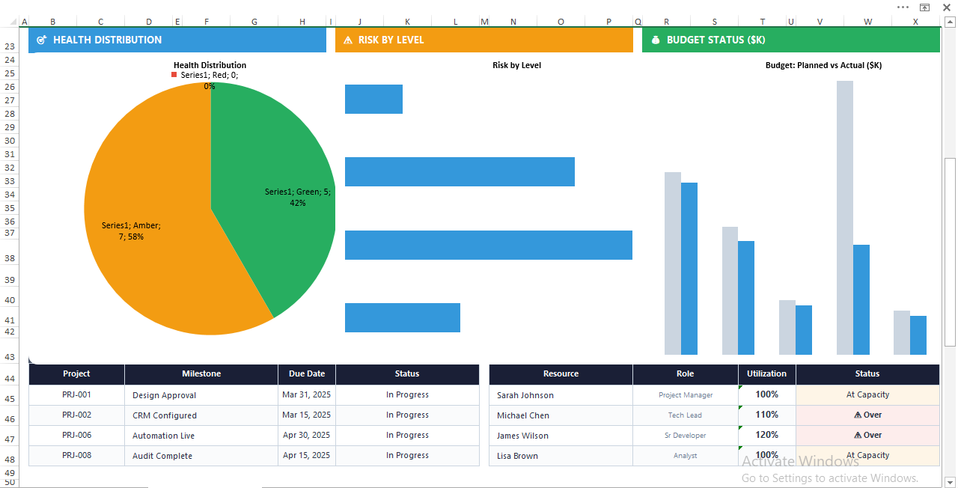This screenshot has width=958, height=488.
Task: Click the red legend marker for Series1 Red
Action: pyautogui.click(x=174, y=75)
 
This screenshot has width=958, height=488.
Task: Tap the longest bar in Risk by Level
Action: pyautogui.click(x=488, y=245)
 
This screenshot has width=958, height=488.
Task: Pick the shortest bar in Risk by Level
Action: pyautogui.click(x=373, y=99)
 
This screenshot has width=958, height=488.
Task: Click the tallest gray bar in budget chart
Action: pyautogui.click(x=844, y=217)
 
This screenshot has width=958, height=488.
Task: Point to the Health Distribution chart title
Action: pyautogui.click(x=210, y=65)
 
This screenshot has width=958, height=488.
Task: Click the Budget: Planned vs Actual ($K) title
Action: pyautogui.click(x=823, y=65)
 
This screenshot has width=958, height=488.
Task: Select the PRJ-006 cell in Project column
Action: pyautogui.click(x=76, y=435)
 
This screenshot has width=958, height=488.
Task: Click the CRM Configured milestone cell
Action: pyautogui.click(x=165, y=415)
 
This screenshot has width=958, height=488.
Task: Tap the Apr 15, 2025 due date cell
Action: pyautogui.click(x=306, y=455)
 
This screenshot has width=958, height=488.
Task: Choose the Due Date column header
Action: pyautogui.click(x=306, y=373)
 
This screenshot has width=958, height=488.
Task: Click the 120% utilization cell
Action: pyautogui.click(x=766, y=435)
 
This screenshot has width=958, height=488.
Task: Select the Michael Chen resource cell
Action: pyautogui.click(x=523, y=415)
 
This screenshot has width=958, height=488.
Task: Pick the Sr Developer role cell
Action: pyautogui.click(x=685, y=435)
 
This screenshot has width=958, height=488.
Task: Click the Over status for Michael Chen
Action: pyautogui.click(x=867, y=415)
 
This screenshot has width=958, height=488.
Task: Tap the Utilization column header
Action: pyautogui.click(x=766, y=373)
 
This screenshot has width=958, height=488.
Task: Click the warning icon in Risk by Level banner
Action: pyautogui.click(x=347, y=40)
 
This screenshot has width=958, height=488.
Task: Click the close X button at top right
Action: pyautogui.click(x=946, y=7)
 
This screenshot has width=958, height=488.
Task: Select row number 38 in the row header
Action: pyautogui.click(x=10, y=258)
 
